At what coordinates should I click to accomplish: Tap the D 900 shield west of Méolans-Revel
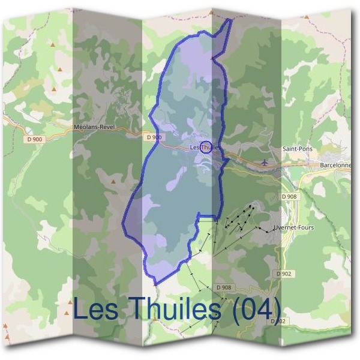coord(35,139)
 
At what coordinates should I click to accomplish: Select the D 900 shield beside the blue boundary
coord(154,137)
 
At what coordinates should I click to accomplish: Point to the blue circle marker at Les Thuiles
coord(205,146)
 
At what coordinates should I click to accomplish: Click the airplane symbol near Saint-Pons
coord(266,162)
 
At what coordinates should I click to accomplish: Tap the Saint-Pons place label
coord(298,148)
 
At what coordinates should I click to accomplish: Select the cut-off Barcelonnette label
coord(335,164)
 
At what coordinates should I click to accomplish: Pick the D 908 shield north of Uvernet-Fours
coord(289,196)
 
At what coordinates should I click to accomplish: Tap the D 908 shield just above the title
coord(223,287)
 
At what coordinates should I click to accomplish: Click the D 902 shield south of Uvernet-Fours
coord(285,273)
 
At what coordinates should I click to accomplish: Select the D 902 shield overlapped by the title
coord(277,321)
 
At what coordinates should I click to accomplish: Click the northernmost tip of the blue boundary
coord(230,19)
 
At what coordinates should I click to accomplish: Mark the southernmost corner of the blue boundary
coord(155,283)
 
